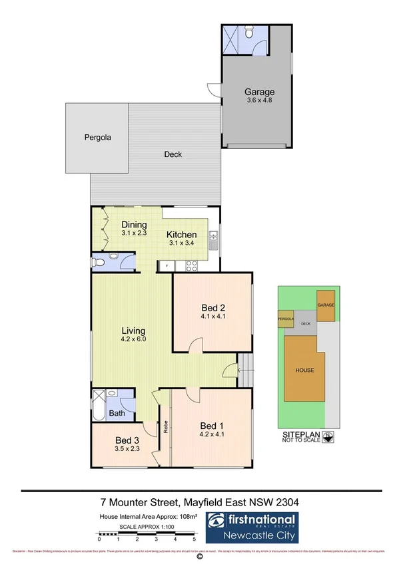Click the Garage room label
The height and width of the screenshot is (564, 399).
pyautogui.click(x=259, y=92)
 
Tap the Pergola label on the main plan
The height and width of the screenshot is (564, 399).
pyautogui.click(x=97, y=138)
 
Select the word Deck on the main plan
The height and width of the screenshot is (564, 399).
pyautogui.click(x=173, y=154)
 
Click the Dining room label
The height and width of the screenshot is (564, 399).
pyautogui.click(x=135, y=225)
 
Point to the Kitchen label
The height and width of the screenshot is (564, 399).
pyautogui.click(x=181, y=235)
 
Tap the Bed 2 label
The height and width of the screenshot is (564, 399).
pyautogui.click(x=213, y=307)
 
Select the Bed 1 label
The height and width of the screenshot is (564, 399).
pyautogui.click(x=213, y=426)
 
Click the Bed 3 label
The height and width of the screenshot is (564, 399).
pyautogui.click(x=127, y=440)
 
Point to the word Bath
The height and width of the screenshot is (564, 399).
pyautogui.click(x=117, y=413)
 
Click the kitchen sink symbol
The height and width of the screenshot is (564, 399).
pyautogui.click(x=213, y=235)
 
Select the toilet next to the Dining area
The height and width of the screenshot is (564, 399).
pyautogui.click(x=101, y=261)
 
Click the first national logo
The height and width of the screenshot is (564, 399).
pyautogui.click(x=252, y=523)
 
